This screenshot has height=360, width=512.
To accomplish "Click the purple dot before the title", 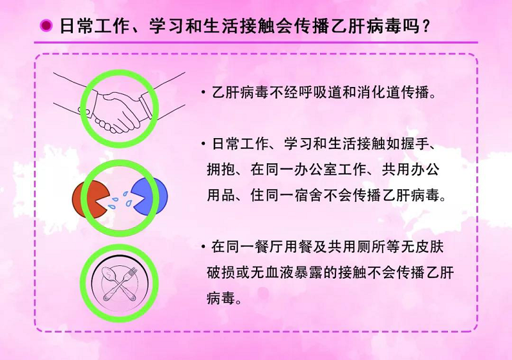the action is pyautogui.click(x=46, y=26).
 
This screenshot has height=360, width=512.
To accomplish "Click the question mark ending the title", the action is pyautogui.click(x=425, y=26).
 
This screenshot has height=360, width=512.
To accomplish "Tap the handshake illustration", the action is pyautogui.click(x=119, y=108).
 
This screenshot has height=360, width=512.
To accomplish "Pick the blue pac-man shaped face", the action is pyautogui.click(x=149, y=196).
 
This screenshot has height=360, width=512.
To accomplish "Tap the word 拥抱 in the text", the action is pyautogui.click(x=221, y=169).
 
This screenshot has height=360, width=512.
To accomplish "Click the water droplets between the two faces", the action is pyautogui.click(x=120, y=200).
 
